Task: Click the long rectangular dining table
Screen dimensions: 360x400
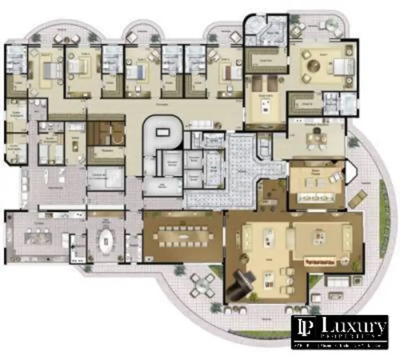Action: coord(182,236)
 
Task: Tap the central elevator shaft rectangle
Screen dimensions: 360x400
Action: coord(163,132)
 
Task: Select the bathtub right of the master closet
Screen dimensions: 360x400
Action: coord(350,103)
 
